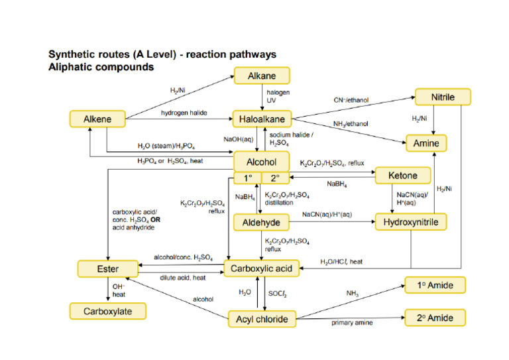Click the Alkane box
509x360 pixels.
pos(262,75)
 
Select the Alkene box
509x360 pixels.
pos(97,119)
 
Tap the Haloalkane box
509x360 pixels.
pos(262,119)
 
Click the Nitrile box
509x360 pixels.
pos(443,97)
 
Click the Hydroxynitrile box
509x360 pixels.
pos(411,222)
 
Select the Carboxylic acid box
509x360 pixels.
pos(262,269)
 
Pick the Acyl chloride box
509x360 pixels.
pos(262,320)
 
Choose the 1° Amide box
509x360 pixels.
pos(435,286)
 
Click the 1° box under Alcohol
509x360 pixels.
pos(247,178)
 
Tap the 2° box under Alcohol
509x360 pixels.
pos(276,178)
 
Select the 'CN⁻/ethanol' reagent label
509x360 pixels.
pos(351,100)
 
